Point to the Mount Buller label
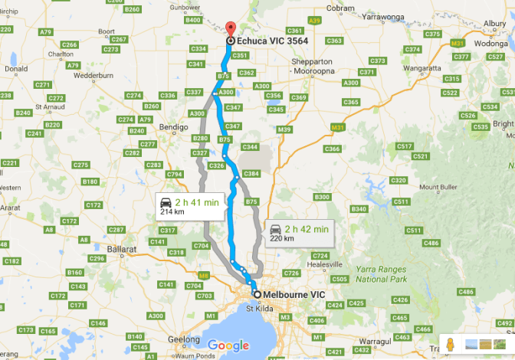438,187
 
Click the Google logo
228,345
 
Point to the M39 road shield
285,129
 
